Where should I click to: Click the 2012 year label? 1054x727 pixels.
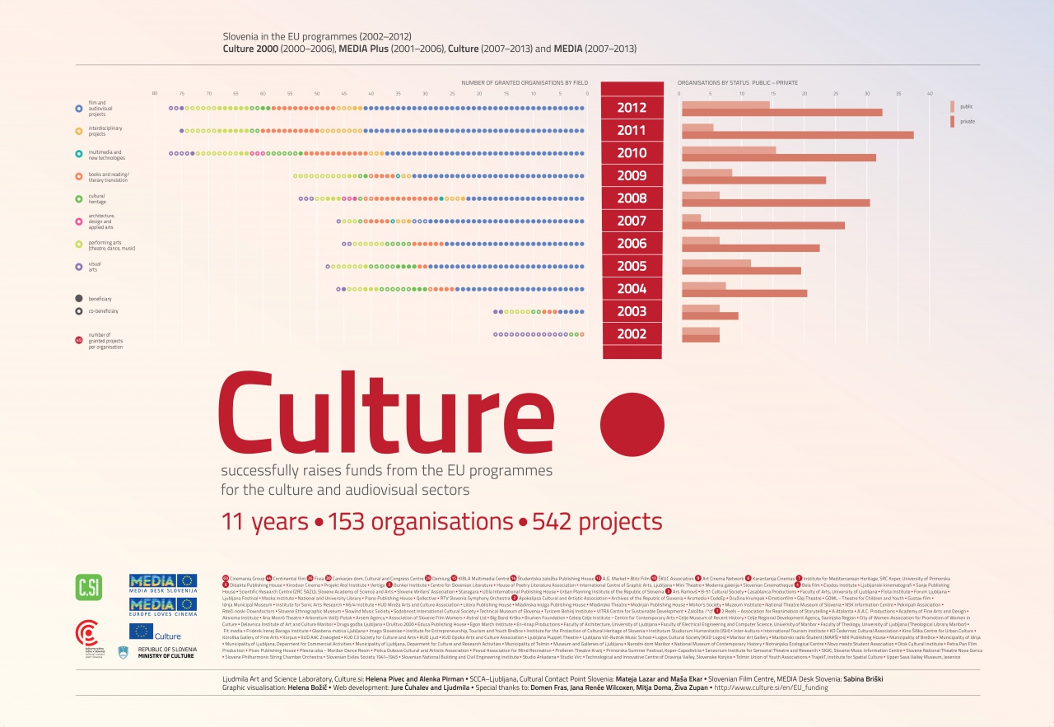tap(632, 108)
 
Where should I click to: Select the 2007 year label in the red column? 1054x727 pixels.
tap(632, 221)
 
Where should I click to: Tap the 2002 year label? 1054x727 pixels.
tap(632, 334)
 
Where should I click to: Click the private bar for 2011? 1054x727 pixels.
tap(797, 135)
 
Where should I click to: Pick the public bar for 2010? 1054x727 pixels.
tap(729, 150)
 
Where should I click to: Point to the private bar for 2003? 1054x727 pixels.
tap(710, 316)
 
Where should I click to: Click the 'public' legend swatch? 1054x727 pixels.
tap(952, 107)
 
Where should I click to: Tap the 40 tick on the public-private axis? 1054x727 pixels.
tap(930, 94)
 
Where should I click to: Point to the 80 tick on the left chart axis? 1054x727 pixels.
tap(155, 94)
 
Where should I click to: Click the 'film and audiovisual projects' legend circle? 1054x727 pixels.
tap(78, 108)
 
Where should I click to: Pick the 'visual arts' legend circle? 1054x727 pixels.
tap(78, 266)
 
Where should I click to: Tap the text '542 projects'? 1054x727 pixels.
tap(597, 522)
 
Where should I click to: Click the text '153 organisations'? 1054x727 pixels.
tap(420, 522)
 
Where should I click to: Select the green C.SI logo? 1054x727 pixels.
tap(88, 587)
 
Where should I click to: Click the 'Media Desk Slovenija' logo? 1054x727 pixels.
tap(163, 584)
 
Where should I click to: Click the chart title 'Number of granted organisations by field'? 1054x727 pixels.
tap(523, 83)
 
